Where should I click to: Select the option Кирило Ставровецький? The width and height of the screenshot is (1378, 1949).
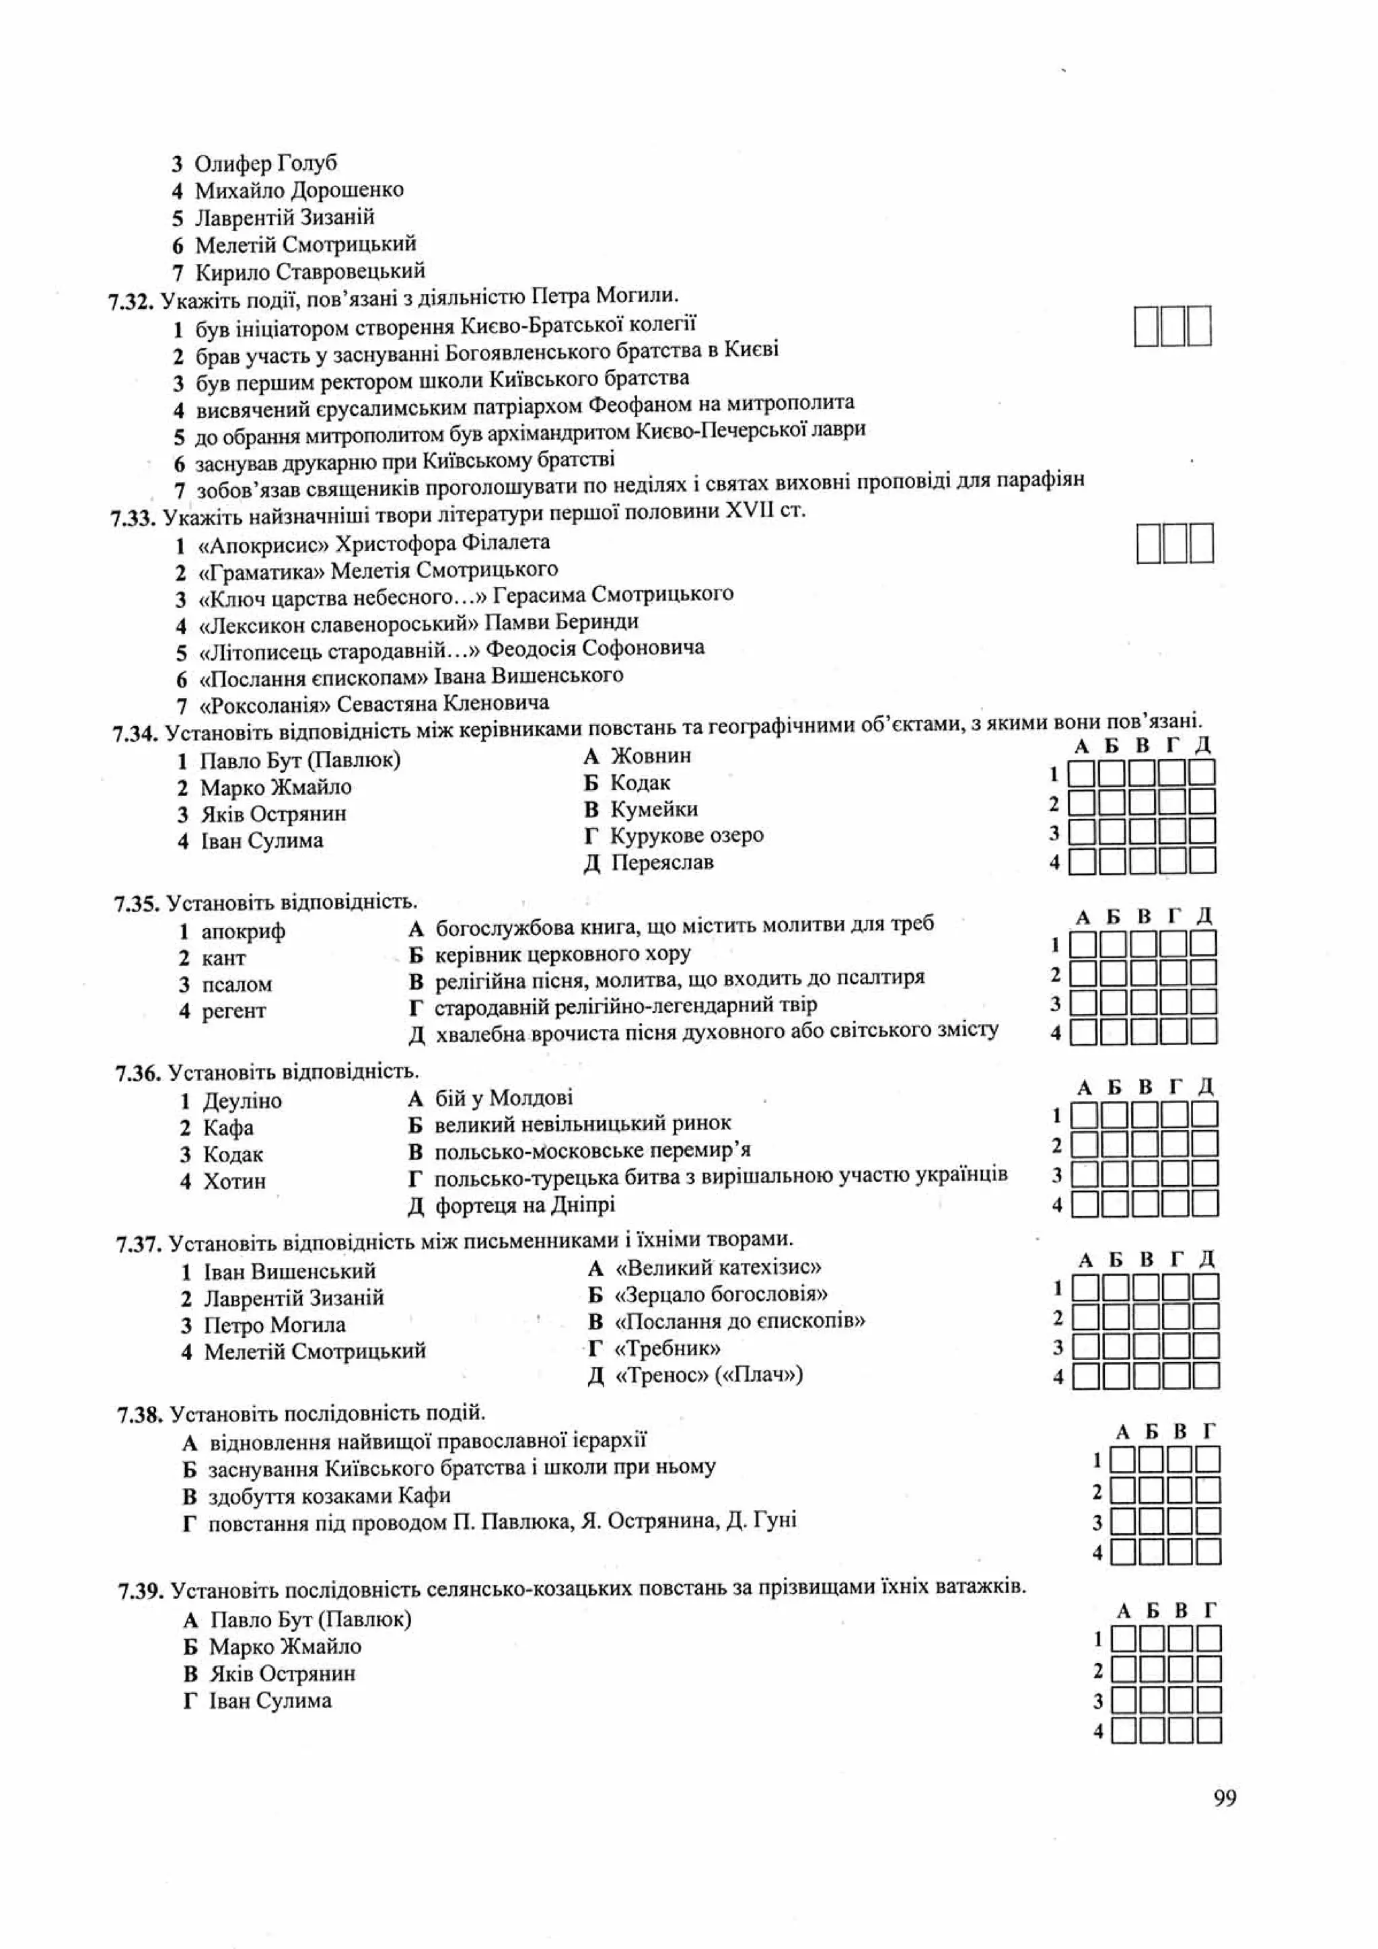click(309, 272)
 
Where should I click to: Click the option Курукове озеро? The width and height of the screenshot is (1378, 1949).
click(686, 835)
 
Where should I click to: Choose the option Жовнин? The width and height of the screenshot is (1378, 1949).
click(650, 756)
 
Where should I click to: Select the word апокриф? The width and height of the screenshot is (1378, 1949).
click(243, 931)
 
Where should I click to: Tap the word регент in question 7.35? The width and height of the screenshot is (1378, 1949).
click(233, 1011)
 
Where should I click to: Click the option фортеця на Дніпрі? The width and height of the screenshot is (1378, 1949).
click(523, 1205)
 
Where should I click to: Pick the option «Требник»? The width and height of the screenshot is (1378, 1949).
click(667, 1348)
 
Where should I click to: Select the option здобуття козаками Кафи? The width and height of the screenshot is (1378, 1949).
click(329, 1495)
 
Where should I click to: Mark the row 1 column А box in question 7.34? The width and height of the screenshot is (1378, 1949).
click(1081, 773)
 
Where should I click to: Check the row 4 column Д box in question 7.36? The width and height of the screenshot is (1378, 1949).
click(1204, 1204)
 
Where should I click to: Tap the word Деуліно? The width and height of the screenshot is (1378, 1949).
click(242, 1101)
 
